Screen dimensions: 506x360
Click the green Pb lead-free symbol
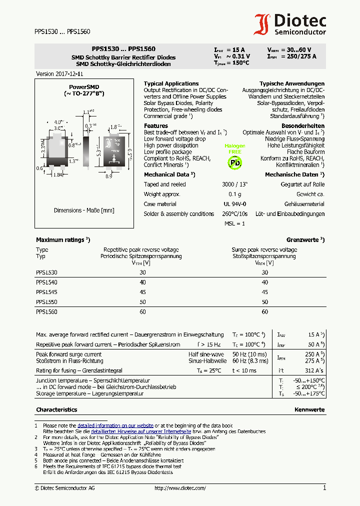234,162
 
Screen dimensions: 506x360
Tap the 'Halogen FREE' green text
234,148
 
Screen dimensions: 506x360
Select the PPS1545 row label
46,292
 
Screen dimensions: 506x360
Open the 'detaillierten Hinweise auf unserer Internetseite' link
140,431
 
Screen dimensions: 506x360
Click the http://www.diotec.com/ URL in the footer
180,488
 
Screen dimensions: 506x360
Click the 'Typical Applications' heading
171,83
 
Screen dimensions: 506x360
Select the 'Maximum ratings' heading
60,240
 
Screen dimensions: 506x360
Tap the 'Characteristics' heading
56,409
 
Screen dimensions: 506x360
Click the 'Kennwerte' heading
309,409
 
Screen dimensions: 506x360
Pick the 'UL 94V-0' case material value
234,204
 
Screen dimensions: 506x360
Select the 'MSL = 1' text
234,223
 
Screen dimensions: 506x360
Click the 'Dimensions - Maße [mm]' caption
84,210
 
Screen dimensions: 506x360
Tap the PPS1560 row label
46,312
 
